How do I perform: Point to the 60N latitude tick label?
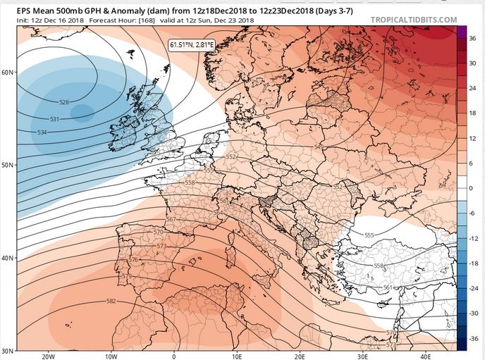(8, 72)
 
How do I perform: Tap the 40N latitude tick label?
(8, 258)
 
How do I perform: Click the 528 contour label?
(64, 103)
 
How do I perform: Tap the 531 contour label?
(54, 119)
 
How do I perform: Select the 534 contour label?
(42, 132)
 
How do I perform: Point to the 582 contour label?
(111, 301)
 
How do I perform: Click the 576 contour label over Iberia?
(133, 260)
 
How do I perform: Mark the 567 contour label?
(170, 219)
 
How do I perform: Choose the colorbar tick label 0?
(471, 188)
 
